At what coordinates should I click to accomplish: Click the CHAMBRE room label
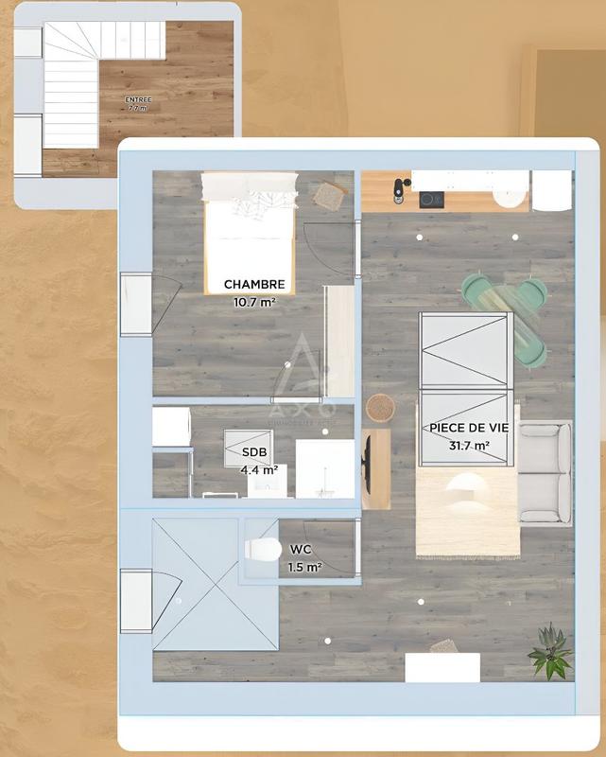tap(254, 284)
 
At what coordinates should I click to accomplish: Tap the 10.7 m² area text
tap(254, 303)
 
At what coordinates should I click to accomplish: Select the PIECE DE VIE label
tap(469, 428)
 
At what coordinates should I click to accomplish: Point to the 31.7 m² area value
tap(469, 445)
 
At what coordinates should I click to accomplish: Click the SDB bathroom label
tap(254, 451)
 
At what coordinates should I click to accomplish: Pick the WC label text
tap(302, 549)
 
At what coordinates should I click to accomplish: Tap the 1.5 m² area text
tap(304, 567)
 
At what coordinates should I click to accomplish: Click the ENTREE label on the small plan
tap(138, 99)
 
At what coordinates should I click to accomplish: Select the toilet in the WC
tap(262, 549)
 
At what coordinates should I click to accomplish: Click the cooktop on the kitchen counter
tap(432, 199)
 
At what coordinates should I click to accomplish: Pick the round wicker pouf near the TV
tap(380, 407)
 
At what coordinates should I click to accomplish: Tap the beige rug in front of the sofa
tap(467, 511)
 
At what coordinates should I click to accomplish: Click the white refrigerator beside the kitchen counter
tap(551, 190)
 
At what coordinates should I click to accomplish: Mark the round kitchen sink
tap(511, 196)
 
